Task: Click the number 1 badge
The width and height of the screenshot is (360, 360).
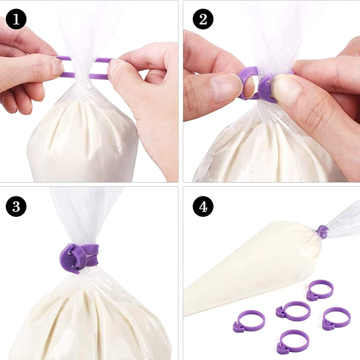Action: (x=16, y=19)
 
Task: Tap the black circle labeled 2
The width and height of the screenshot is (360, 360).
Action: (x=203, y=19)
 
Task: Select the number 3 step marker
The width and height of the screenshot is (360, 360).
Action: (x=16, y=207)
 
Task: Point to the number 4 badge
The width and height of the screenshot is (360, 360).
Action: (x=203, y=207)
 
